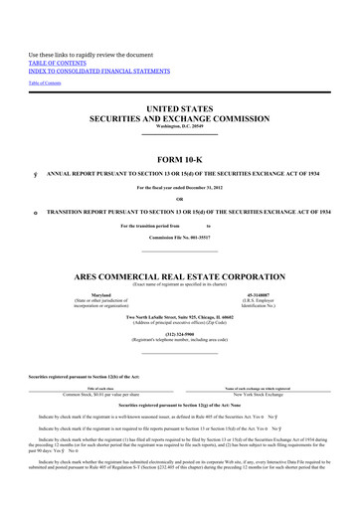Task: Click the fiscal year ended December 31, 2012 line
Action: coord(179,188)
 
